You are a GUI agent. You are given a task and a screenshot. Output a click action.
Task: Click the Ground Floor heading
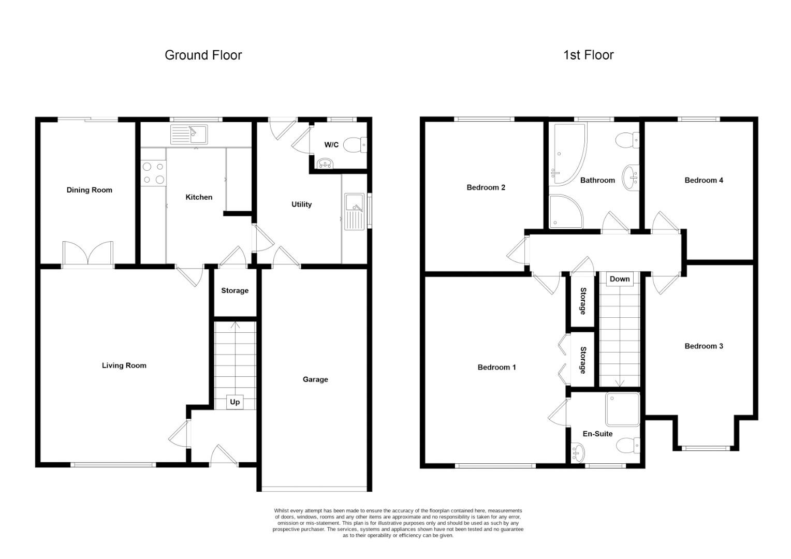point(203,55)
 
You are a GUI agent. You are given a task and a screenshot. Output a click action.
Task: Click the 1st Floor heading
point(588,55)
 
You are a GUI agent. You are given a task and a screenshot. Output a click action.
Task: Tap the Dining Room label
point(90,190)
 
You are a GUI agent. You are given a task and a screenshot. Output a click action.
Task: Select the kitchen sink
point(189,134)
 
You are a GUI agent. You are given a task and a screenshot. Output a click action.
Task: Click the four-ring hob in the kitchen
point(154,173)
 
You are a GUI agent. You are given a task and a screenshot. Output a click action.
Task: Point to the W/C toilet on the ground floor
point(355,145)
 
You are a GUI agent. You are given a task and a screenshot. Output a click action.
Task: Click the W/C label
point(331,145)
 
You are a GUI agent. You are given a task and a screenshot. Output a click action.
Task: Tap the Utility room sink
point(354,212)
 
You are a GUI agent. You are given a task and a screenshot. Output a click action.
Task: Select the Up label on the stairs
point(235,402)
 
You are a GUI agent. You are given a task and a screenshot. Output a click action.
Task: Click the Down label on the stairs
point(620,279)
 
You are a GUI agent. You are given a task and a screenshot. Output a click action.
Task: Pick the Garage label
point(315,379)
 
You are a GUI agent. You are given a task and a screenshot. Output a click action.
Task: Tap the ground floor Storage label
point(235,290)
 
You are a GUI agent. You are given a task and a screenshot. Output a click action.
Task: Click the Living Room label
point(124,365)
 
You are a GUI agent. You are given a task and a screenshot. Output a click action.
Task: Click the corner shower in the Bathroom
point(566,211)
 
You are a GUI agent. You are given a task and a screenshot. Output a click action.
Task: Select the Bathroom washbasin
point(629,178)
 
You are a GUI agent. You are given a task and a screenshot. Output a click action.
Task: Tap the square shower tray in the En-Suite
point(623,409)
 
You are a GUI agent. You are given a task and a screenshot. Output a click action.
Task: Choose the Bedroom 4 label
point(704,181)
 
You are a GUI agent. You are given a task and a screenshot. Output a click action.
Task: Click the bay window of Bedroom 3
point(706,448)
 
